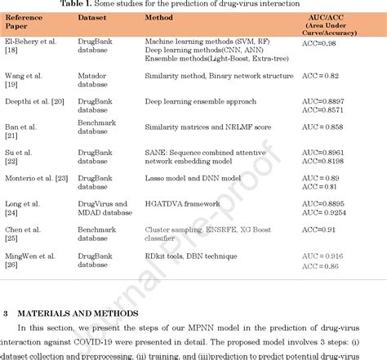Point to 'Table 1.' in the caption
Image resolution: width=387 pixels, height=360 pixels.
tap(104, 4)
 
